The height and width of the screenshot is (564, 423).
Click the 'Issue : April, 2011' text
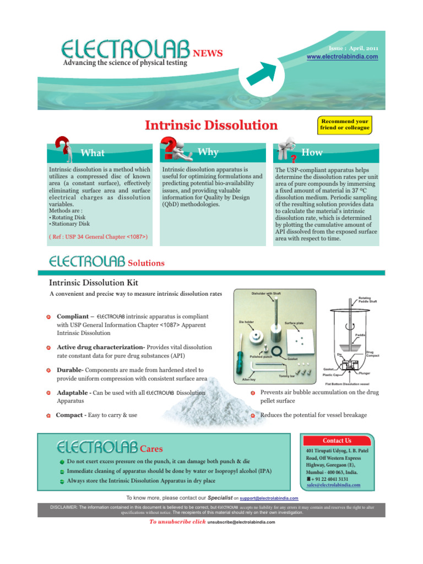356,48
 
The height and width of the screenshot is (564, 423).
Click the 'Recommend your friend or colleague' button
345,124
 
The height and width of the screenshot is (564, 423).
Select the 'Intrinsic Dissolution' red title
211,125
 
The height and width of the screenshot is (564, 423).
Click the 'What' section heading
93,153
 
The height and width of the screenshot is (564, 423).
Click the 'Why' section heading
208,151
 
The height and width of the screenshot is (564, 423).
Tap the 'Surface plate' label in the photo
295,323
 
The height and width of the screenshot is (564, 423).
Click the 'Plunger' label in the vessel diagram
364,373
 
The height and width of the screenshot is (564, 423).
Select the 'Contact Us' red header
337,441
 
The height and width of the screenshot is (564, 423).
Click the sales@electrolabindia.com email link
333,485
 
